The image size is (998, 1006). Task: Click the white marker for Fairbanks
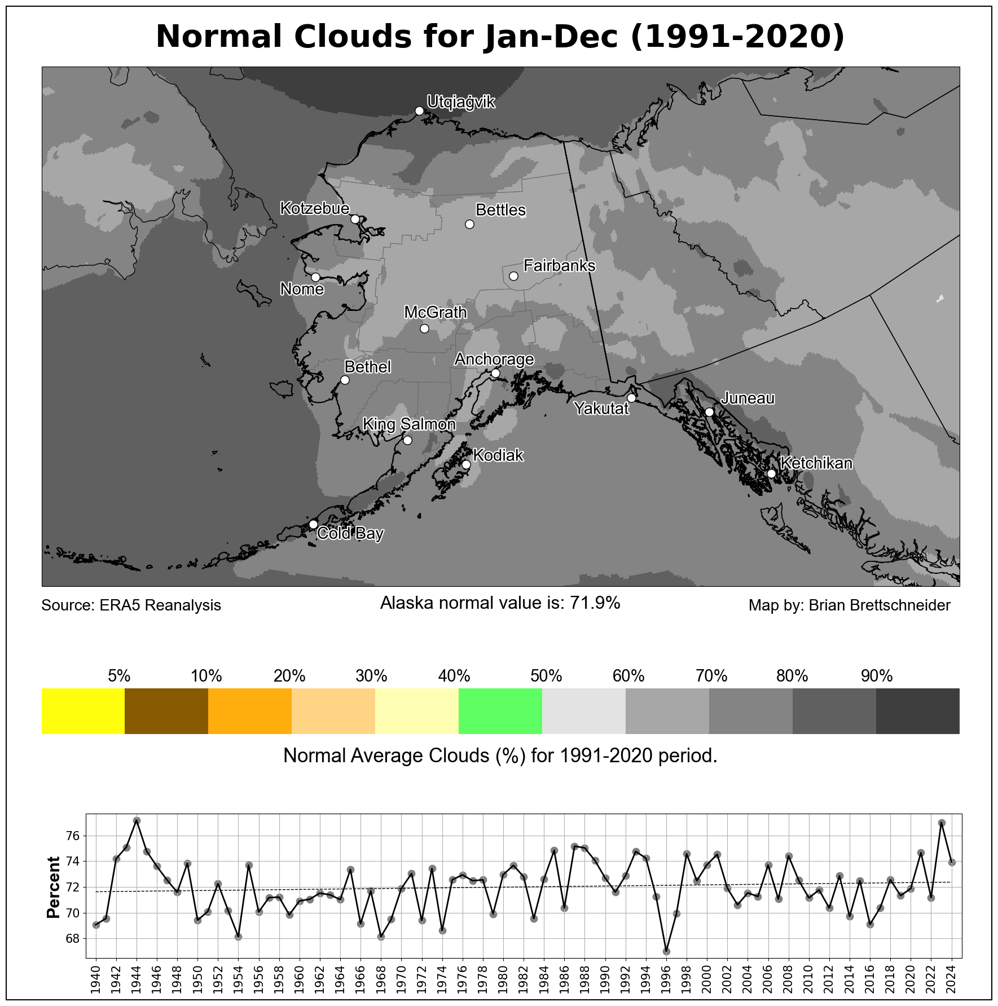pos(513,276)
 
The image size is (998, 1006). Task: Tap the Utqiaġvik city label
pos(461,102)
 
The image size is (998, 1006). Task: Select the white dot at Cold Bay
pos(313,524)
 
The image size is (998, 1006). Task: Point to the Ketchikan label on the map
pos(816,463)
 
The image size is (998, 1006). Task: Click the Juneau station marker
pos(709,412)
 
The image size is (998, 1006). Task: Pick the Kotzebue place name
pos(315,208)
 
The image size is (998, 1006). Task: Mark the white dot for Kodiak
pos(466,464)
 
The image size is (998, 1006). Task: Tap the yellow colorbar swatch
pos(83,711)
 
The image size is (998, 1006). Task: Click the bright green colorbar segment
pos(500,711)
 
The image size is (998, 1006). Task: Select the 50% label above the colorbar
pos(546,675)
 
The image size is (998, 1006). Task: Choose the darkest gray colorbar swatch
pos(917,711)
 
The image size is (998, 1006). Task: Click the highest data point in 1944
pos(137,820)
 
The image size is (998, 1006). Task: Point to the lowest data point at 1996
pos(666,951)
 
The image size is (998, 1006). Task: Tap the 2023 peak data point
pos(942,823)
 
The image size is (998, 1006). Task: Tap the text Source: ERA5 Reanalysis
pos(131,605)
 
